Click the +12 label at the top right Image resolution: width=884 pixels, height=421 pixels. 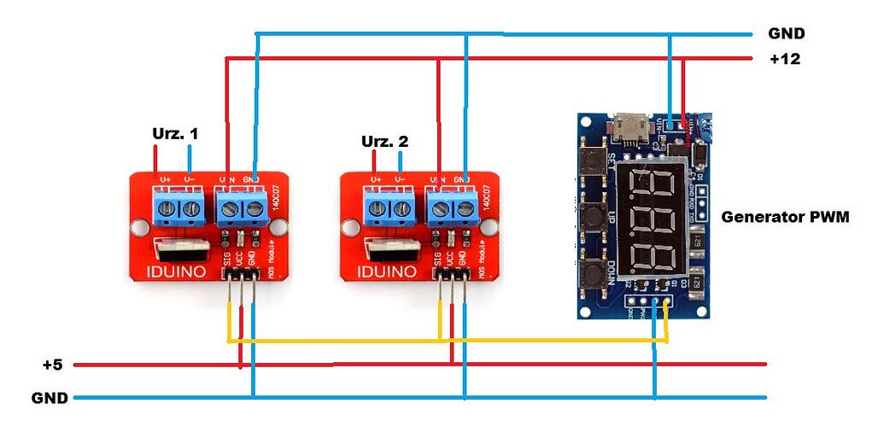click(x=784, y=59)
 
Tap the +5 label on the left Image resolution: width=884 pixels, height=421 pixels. click(x=52, y=365)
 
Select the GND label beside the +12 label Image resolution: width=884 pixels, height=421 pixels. click(x=786, y=34)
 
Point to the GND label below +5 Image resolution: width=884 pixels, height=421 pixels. click(x=49, y=398)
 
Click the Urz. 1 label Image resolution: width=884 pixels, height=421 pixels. click(x=175, y=134)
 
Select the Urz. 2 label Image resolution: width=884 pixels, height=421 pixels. click(x=384, y=141)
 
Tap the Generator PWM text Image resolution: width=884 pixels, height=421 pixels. click(x=785, y=217)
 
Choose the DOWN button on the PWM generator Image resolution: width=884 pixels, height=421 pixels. click(x=591, y=274)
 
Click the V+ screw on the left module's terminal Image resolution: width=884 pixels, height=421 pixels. click(x=166, y=207)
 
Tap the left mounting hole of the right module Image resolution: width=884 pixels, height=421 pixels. click(x=348, y=227)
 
